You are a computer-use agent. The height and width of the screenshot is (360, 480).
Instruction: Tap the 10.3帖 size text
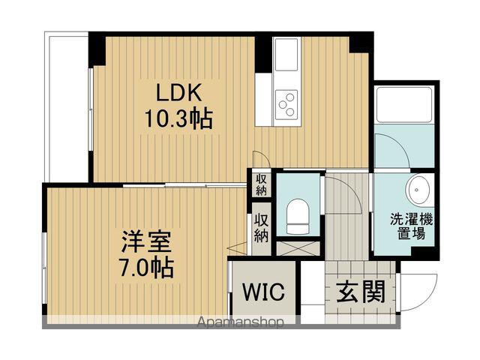(177, 118)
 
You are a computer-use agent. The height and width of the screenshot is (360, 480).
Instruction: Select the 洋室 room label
(147, 241)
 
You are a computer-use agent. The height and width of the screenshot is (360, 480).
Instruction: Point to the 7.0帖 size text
(147, 267)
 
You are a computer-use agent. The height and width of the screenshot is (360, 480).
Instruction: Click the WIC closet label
(263, 292)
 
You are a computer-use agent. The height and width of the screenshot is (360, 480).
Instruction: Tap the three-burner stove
(286, 103)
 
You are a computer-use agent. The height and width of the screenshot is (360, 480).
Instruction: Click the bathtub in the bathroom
(404, 105)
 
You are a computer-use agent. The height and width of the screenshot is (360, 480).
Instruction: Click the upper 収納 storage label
(260, 184)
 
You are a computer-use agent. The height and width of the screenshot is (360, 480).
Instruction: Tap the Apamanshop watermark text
(240, 323)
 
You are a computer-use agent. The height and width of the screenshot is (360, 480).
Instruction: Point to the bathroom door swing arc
(390, 150)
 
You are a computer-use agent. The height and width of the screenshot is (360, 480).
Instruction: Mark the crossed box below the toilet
(298, 247)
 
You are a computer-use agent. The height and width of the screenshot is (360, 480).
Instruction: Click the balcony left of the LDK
(67, 105)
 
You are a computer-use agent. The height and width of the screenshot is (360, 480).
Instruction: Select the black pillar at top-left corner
(97, 49)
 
